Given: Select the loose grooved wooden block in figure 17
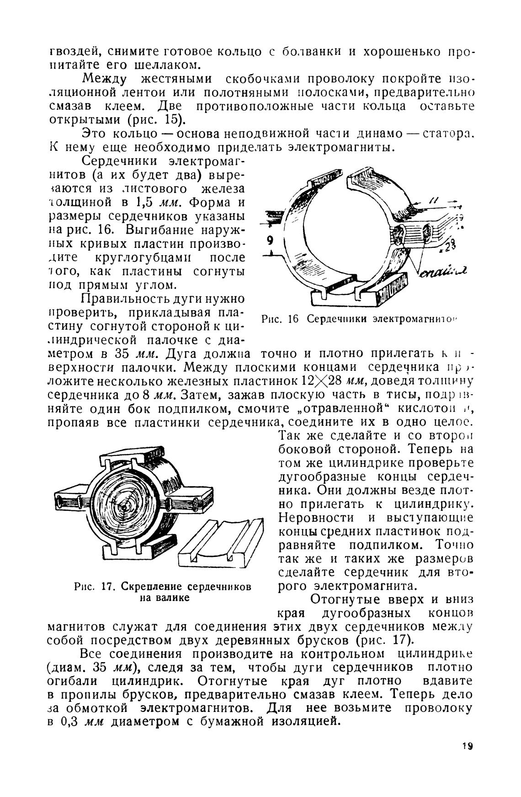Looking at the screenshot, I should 219,544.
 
